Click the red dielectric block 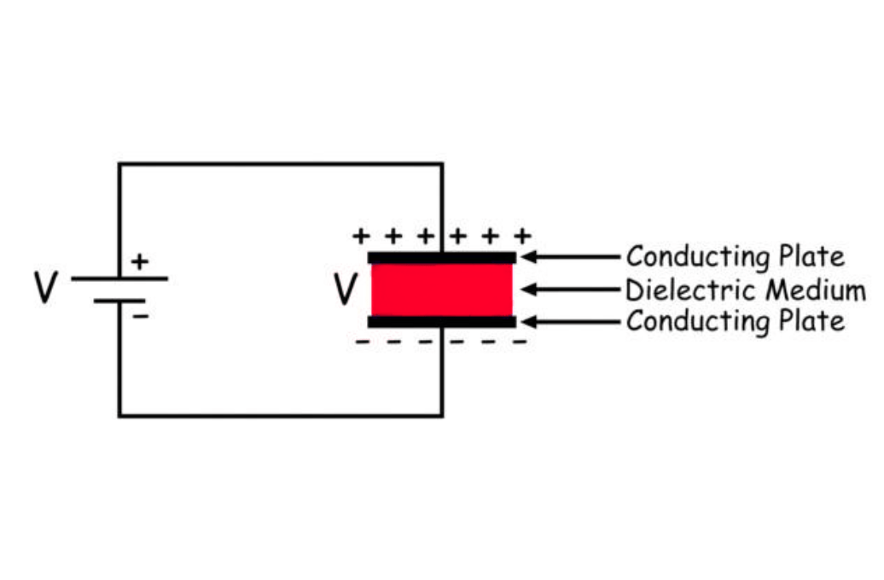pos(442,290)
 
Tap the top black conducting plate pos(442,257)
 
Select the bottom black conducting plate pos(442,322)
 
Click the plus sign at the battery pos(139,261)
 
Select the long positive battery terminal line pos(119,278)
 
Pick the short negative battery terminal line pos(119,301)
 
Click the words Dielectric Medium pos(745,290)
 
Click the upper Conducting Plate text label pos(735,256)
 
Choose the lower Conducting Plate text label pos(735,322)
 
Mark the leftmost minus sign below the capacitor pos(362,342)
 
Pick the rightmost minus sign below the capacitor pos(520,342)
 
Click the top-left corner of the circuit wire pos(119,164)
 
